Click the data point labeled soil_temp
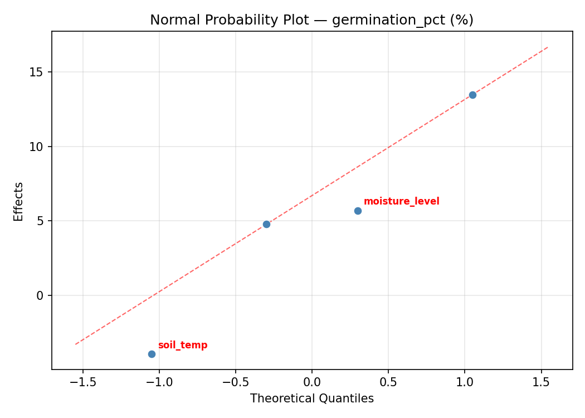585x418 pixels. coord(152,354)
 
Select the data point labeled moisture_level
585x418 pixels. coord(358,211)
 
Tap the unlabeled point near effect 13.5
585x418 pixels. coord(472,95)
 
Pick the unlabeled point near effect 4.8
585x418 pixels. coord(266,224)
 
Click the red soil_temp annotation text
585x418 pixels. coord(182,346)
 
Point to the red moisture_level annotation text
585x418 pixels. coord(401,202)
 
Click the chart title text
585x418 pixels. coord(311,20)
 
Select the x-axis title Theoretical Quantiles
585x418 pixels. coord(311,398)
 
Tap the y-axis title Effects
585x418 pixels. coord(19,201)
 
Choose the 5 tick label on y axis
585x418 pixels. coord(40,221)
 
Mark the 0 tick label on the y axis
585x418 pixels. coord(40,295)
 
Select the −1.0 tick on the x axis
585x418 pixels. coord(159,382)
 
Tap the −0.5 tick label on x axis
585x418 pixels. coord(235,382)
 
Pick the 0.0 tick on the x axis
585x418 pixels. coord(312,382)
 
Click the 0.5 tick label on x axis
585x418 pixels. coord(388,382)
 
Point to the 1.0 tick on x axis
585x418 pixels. coord(465,382)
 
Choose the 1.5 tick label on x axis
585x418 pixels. coord(541,382)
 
